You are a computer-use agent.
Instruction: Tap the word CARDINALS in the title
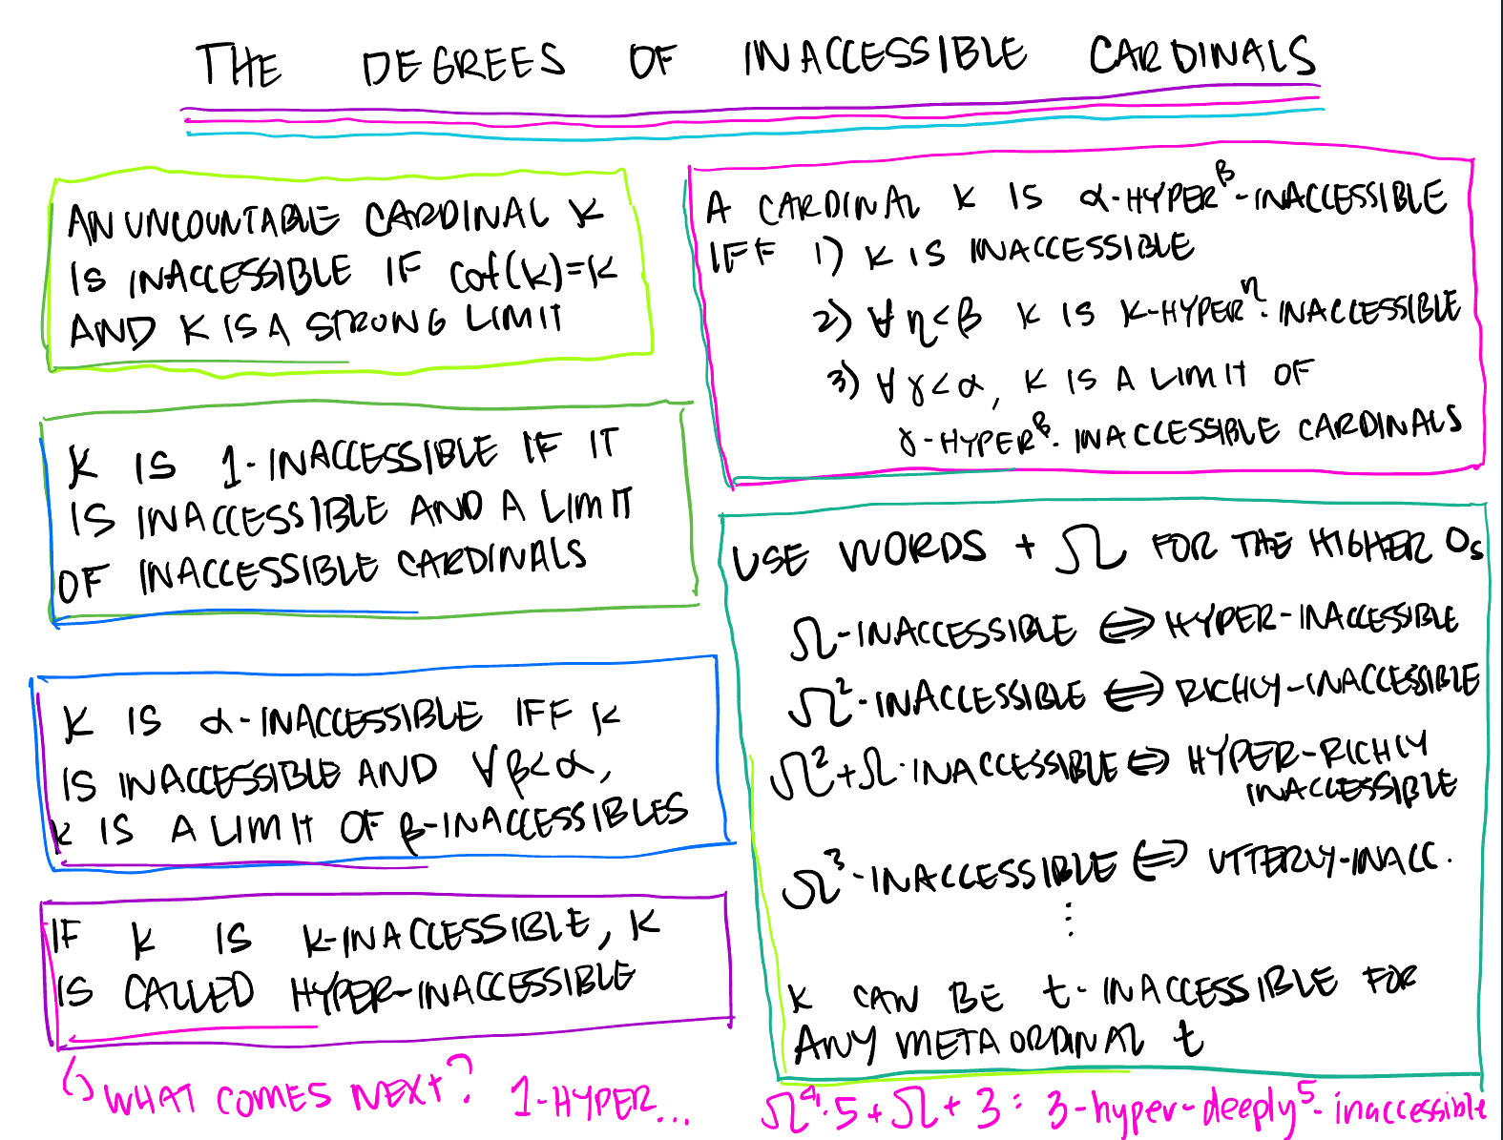pyautogui.click(x=1202, y=56)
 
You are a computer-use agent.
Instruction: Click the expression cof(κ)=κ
pyautogui.click(x=532, y=274)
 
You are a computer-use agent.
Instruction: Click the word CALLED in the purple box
pyautogui.click(x=189, y=993)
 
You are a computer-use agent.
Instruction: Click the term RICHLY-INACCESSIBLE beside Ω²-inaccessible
pyautogui.click(x=1326, y=684)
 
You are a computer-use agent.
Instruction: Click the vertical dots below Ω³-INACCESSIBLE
pyautogui.click(x=1070, y=919)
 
